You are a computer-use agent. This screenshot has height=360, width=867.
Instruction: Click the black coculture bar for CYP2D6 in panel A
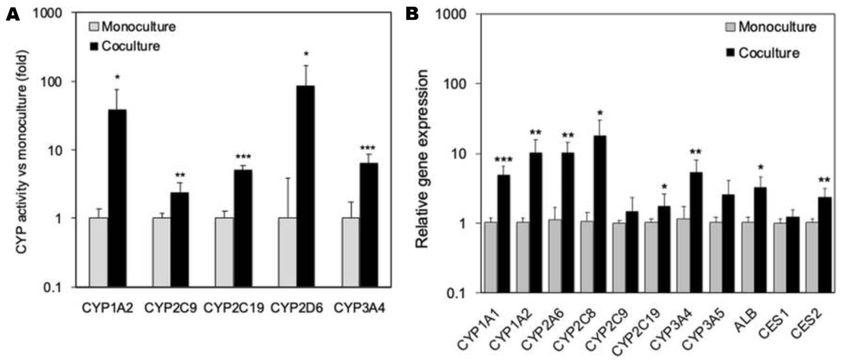click(305, 189)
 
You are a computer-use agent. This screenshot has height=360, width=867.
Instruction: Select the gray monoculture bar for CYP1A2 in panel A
click(98, 252)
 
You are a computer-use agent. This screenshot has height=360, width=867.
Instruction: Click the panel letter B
click(412, 14)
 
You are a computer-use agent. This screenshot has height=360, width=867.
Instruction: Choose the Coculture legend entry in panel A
click(124, 46)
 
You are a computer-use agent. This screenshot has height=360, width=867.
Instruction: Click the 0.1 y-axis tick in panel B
click(463, 294)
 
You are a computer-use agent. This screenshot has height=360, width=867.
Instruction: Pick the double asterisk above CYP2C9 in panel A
click(179, 174)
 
